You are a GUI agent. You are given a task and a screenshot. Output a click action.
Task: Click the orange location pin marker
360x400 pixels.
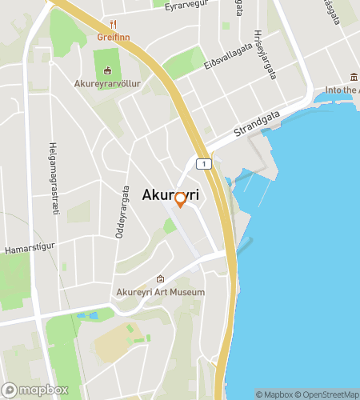pyautogui.click(x=180, y=199)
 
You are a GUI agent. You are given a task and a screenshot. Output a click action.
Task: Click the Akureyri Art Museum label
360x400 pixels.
pyautogui.click(x=161, y=292)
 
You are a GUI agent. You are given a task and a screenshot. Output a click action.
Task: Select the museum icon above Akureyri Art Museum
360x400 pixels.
pyautogui.click(x=161, y=279)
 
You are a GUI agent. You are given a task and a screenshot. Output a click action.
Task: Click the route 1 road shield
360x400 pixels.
pyautogui.click(x=206, y=164)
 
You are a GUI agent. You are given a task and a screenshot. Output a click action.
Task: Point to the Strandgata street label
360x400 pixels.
pyautogui.click(x=255, y=122)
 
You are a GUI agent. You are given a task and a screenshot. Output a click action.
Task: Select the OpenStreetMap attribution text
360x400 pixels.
pyautogui.click(x=326, y=394)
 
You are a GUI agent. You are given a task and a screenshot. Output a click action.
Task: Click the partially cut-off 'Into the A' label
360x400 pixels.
pyautogui.click(x=342, y=90)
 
